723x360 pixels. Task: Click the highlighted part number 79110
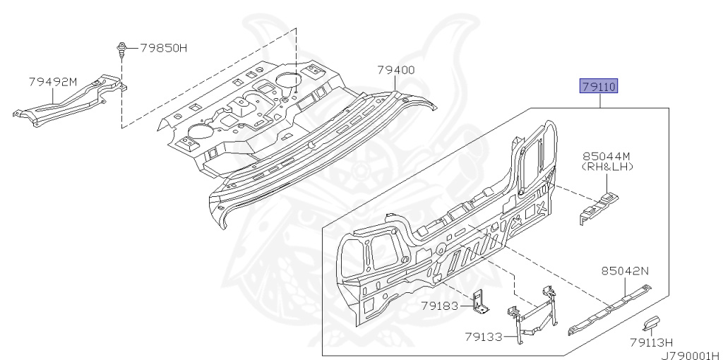coord(599,86)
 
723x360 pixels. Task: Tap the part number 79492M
coord(53,82)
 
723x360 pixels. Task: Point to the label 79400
coord(395,70)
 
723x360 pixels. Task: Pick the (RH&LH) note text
coord(607,167)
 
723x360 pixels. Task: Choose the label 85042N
coord(625,271)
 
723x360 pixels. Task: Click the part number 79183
coord(439,305)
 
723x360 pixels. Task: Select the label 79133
coord(483,337)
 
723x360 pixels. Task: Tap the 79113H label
coord(652,342)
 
